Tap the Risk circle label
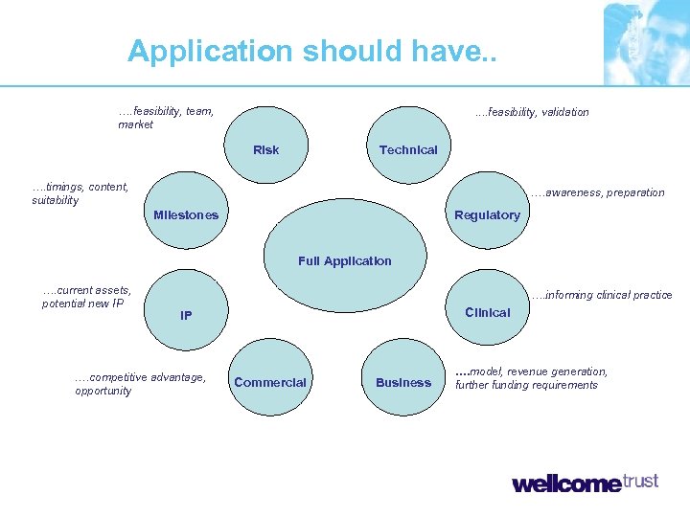click(266, 149)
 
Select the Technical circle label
click(408, 149)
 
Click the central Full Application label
click(345, 260)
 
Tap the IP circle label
click(186, 315)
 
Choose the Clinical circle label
click(487, 312)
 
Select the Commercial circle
click(270, 382)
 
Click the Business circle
click(403, 382)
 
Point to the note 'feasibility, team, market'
click(165, 118)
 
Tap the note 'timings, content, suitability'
click(80, 193)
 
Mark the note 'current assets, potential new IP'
click(86, 297)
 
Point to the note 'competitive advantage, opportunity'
click(139, 384)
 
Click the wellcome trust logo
click(585, 483)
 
